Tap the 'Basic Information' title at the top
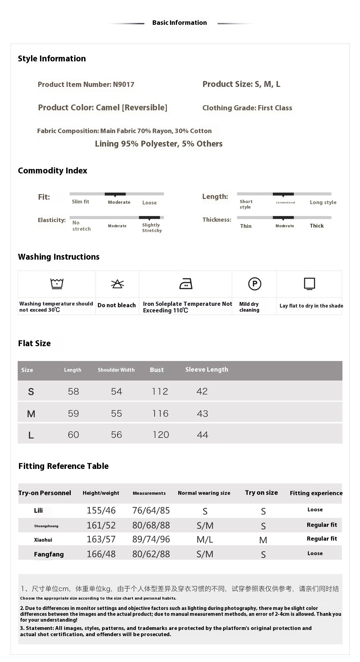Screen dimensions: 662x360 (179, 23)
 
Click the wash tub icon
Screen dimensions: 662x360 (57, 284)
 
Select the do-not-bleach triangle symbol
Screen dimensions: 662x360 (117, 284)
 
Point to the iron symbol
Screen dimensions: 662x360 (186, 284)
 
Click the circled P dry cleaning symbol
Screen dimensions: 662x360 (254, 284)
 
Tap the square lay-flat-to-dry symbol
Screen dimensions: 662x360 (309, 284)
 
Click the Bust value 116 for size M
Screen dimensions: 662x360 (160, 413)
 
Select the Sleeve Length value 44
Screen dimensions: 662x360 (202, 435)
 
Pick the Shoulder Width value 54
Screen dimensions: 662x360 (117, 391)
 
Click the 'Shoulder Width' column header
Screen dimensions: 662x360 (116, 370)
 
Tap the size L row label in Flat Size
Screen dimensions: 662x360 (31, 435)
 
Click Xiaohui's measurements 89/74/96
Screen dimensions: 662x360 (151, 539)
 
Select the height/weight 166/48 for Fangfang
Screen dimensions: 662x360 (101, 554)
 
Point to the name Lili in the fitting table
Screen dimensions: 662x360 (38, 511)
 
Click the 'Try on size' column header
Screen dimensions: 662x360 (261, 493)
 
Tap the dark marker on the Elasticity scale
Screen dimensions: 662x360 (149, 218)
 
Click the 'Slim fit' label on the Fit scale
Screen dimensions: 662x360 (80, 202)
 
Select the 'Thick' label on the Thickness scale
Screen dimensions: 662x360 (317, 226)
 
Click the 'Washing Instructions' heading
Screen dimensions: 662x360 (59, 257)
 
